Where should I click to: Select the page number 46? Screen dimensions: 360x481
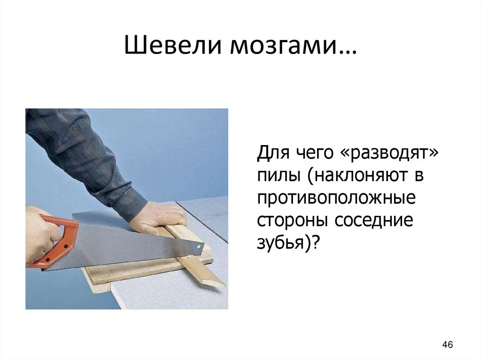click(447, 345)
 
